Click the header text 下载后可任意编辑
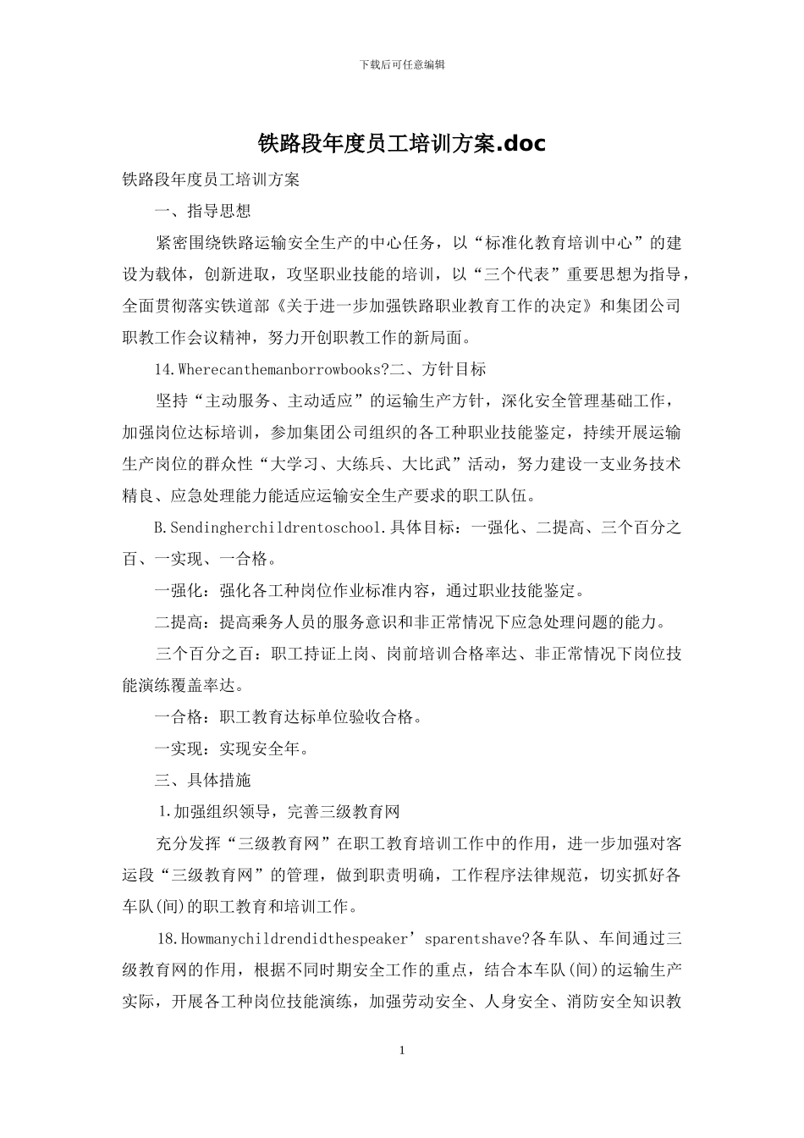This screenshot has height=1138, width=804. click(402, 64)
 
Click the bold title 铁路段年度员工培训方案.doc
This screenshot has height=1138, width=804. click(402, 144)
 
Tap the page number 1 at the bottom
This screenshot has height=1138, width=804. click(402, 1051)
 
